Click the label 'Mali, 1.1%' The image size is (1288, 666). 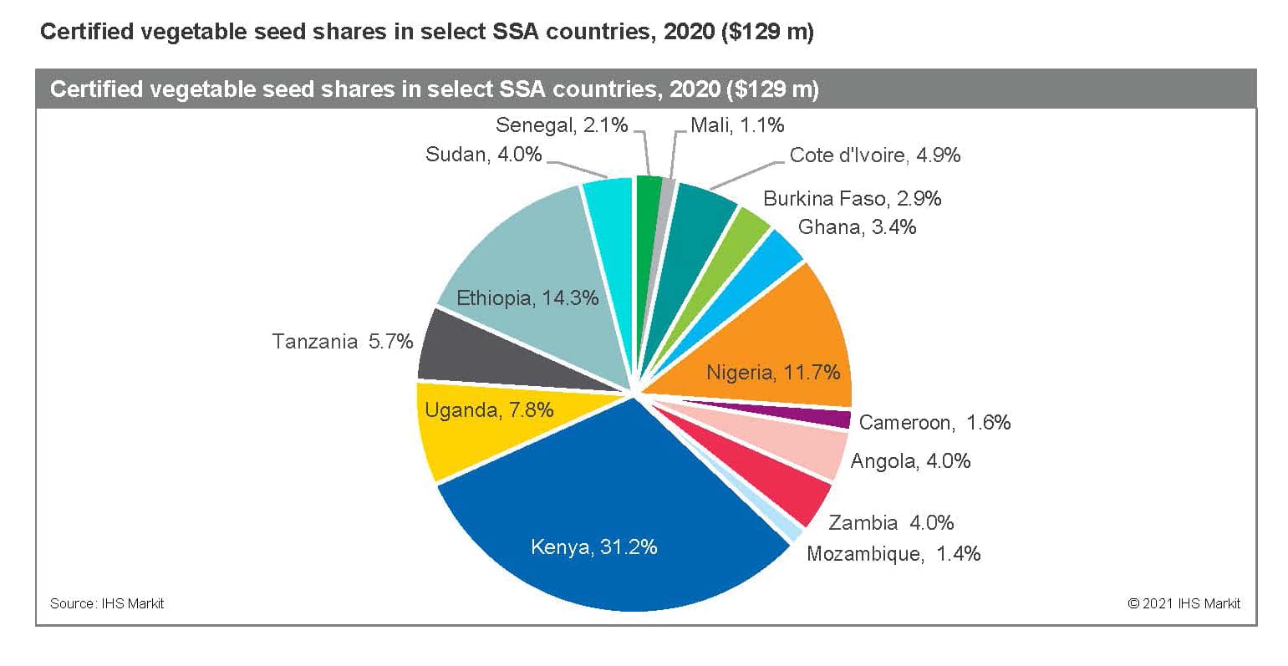(737, 126)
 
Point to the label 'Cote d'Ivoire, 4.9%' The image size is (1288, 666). (874, 155)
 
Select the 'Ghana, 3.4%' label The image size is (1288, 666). (857, 227)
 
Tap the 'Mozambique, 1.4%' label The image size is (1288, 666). (893, 554)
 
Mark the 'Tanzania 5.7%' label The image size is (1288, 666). (342, 342)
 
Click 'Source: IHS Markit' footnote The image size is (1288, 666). (107, 603)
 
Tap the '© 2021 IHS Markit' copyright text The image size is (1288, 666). (1184, 603)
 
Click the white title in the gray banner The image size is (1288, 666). (435, 89)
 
